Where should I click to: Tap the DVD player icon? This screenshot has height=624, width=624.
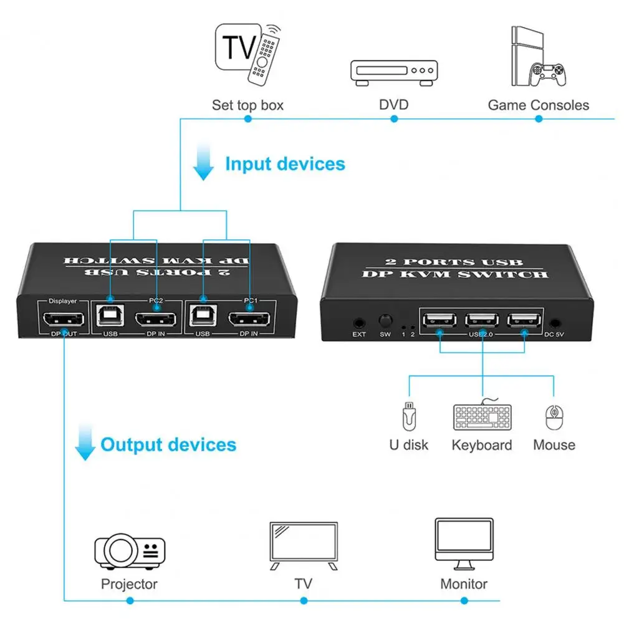click(393, 72)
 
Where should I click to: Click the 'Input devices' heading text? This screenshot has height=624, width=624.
click(285, 164)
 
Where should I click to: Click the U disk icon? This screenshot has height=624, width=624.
click(408, 416)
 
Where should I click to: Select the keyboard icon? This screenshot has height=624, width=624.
click(482, 416)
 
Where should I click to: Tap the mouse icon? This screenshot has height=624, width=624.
click(554, 417)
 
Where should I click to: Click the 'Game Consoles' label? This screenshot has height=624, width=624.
click(538, 105)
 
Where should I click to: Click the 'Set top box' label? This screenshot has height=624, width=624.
click(247, 105)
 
